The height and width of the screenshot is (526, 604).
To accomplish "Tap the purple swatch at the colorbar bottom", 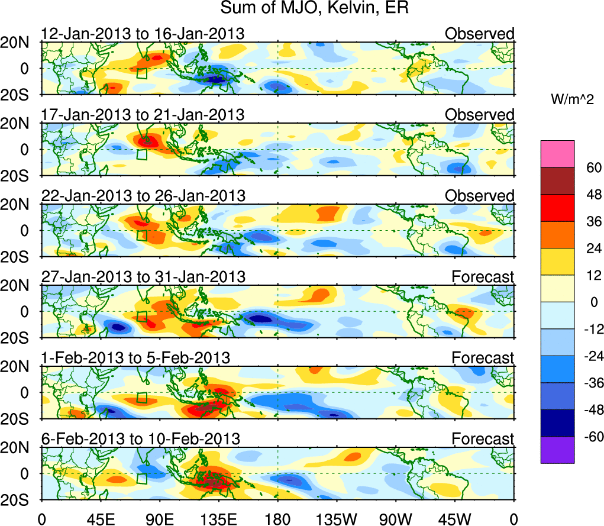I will pyautogui.click(x=557, y=450).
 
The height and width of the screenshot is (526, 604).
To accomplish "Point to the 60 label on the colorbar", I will pyautogui.click(x=592, y=167).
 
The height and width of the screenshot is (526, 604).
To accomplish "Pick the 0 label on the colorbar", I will pyautogui.click(x=592, y=302).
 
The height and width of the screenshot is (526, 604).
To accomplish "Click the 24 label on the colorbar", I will pyautogui.click(x=592, y=249).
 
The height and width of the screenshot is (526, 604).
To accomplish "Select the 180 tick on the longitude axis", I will pyautogui.click(x=277, y=519).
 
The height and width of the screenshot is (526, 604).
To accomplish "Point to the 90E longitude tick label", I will pyautogui.click(x=159, y=519).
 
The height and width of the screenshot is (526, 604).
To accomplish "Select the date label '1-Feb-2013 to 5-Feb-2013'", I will pyautogui.click(x=135, y=359).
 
